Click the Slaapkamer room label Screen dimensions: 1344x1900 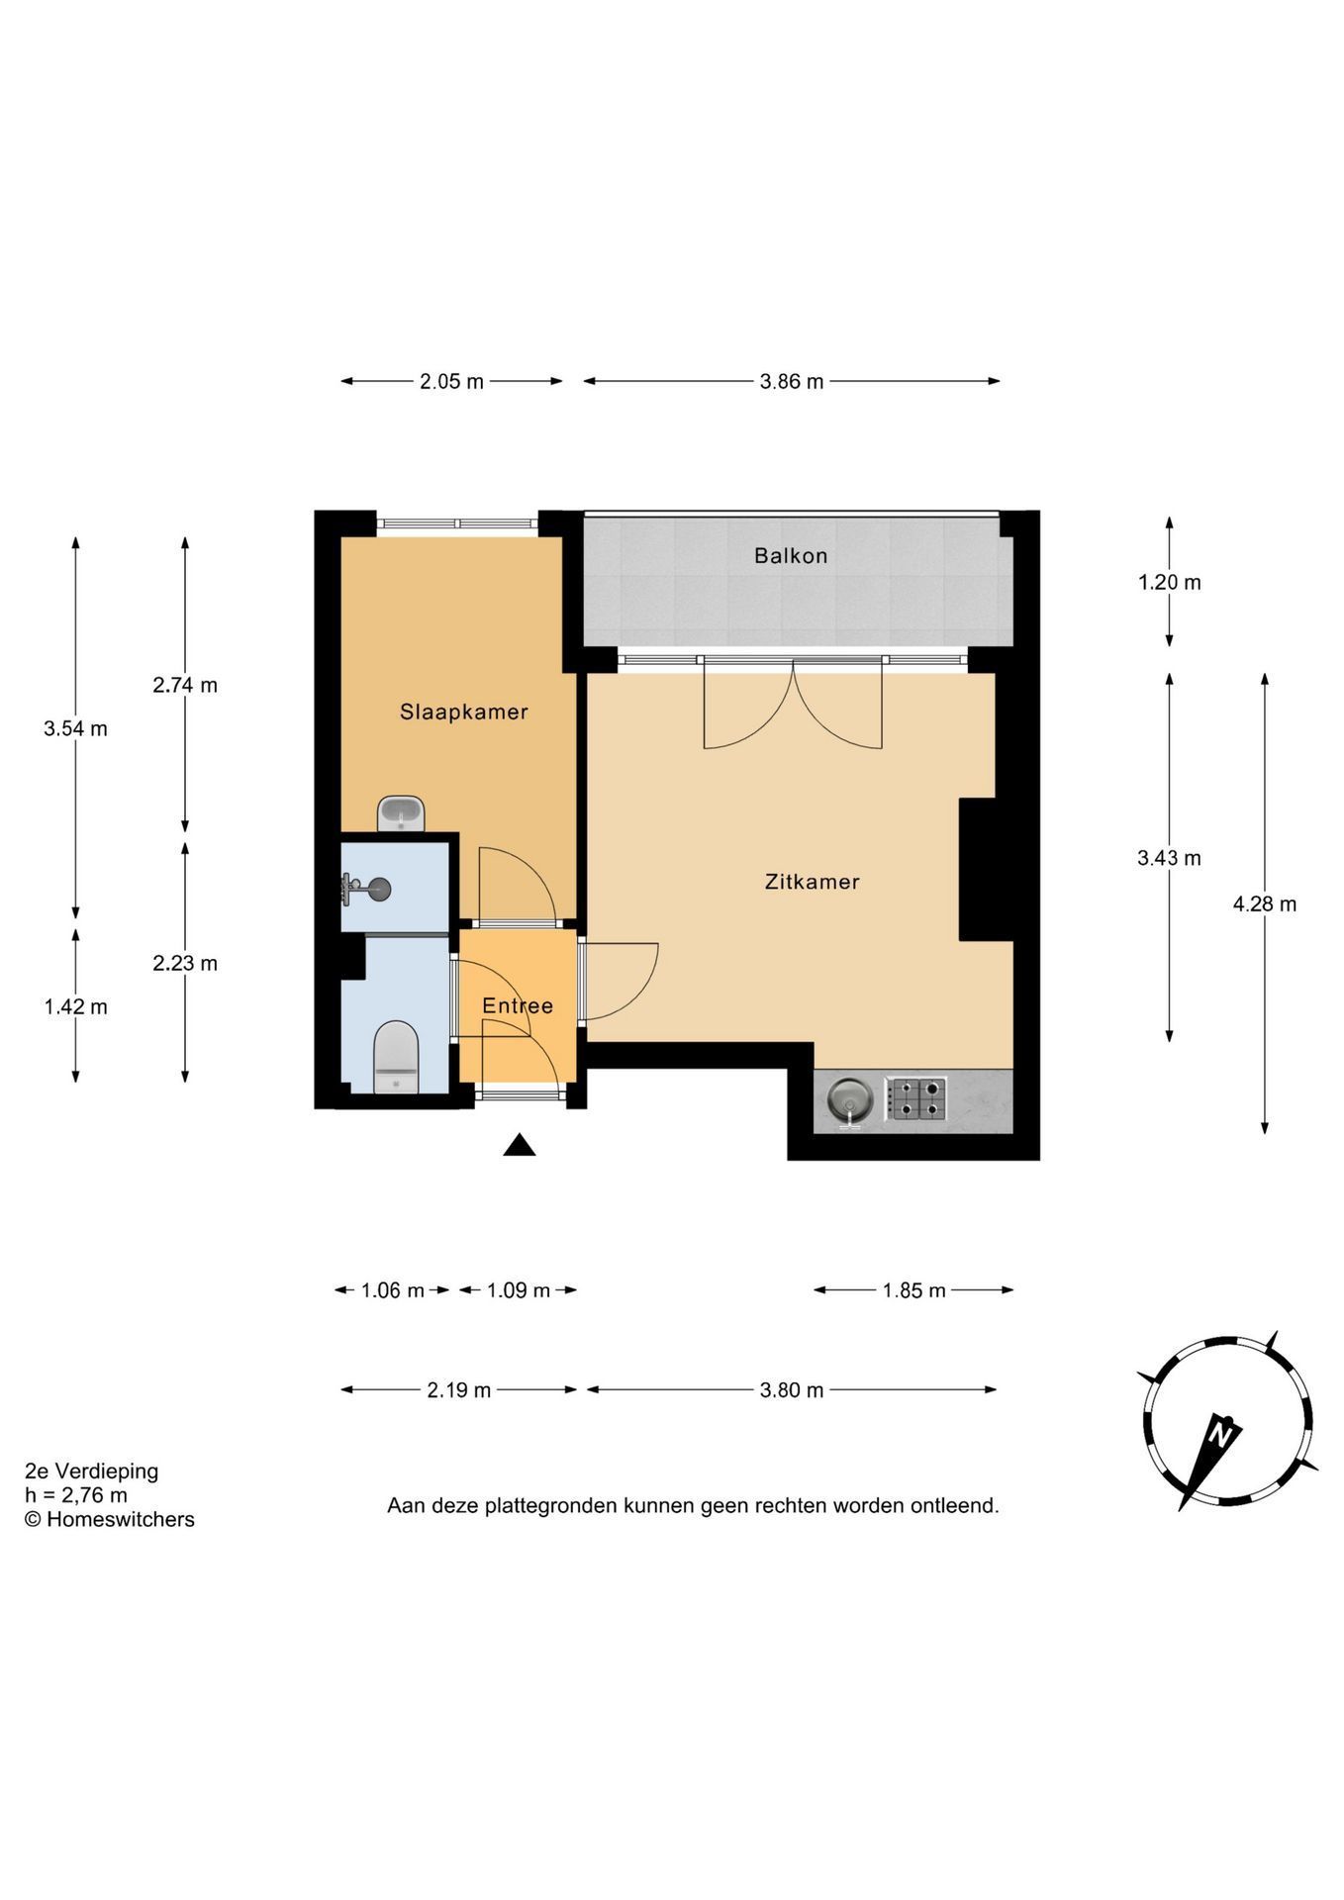tap(463, 712)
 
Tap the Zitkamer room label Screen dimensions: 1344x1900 tap(812, 882)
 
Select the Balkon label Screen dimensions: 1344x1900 tap(791, 556)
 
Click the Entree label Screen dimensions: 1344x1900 tap(518, 1006)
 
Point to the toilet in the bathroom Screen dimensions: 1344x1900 tap(397, 1057)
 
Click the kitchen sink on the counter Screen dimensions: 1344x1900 tap(849, 1101)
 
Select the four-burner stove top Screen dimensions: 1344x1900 tap(915, 1098)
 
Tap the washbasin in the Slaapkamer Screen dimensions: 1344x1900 tap(401, 813)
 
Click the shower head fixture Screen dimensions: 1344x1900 tap(366, 889)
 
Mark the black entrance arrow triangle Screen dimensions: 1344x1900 tap(520, 1145)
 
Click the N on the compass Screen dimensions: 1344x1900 tap(1222, 1432)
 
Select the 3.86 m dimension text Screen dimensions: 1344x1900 tap(792, 382)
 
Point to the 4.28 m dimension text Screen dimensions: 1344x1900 tap(1265, 903)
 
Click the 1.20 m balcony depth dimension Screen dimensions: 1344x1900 tap(1170, 583)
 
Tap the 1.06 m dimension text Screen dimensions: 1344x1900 tap(393, 1290)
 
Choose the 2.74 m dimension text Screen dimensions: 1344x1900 tap(185, 685)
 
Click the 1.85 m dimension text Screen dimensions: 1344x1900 tap(914, 1290)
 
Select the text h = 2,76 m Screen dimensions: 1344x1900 tap(76, 1495)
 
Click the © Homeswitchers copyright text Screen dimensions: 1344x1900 tap(110, 1519)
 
